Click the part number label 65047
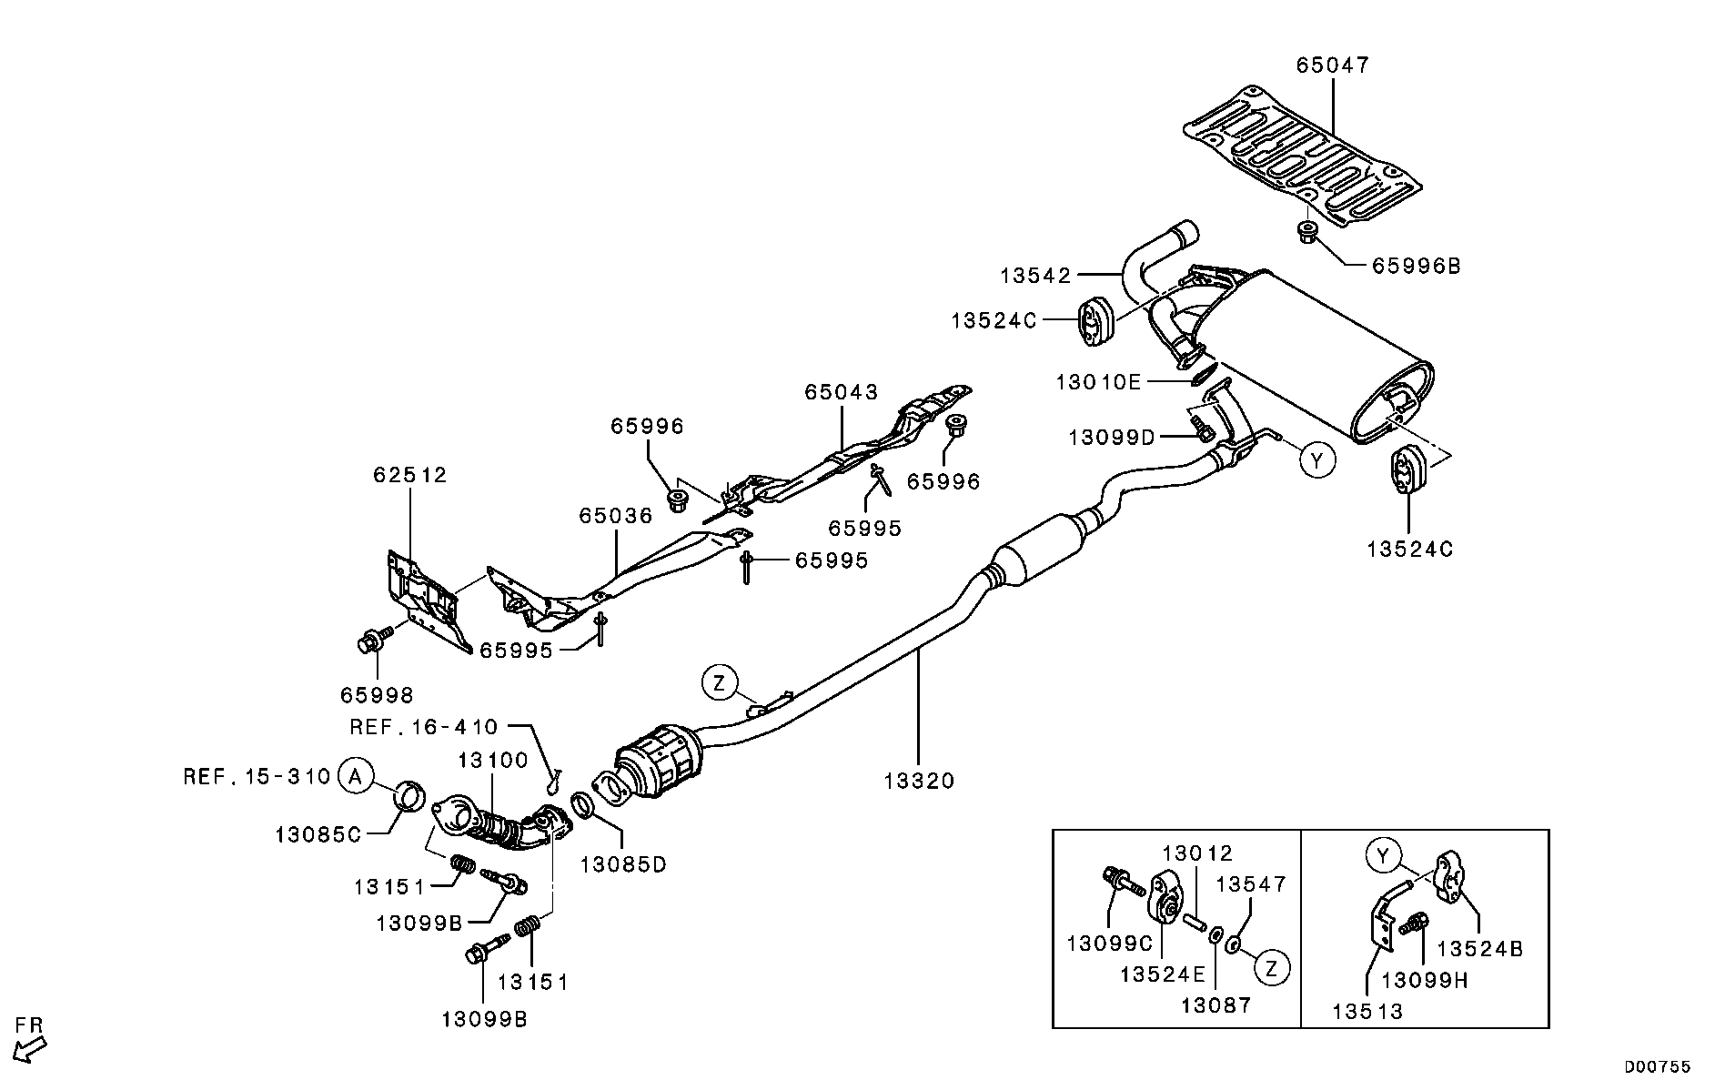[x=1332, y=66]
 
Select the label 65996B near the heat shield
[x=1416, y=266]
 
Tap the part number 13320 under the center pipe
[x=919, y=781]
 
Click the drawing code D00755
[x=1658, y=1066]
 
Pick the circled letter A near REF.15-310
[x=355, y=776]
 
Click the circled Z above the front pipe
[x=719, y=682]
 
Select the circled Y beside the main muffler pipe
[x=1316, y=460]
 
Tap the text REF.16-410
[x=424, y=727]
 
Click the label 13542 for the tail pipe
[x=1036, y=275]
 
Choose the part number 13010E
[x=1097, y=382]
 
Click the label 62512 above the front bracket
[x=409, y=475]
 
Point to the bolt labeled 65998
[x=371, y=642]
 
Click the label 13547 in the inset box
[x=1251, y=884]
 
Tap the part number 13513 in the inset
[x=1367, y=1011]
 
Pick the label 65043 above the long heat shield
[x=841, y=392]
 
